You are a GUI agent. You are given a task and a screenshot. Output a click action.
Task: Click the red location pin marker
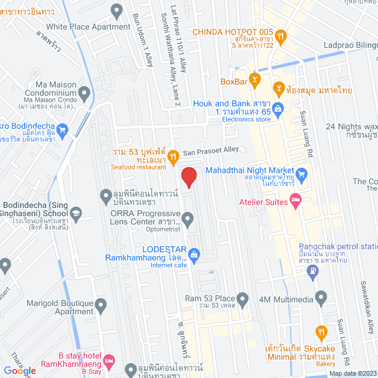pyautogui.click(x=188, y=177)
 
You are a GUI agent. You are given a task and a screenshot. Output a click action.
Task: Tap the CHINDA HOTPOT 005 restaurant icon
pyautogui.click(x=281, y=35)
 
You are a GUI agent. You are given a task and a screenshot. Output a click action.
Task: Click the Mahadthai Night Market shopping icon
pyautogui.click(x=303, y=174)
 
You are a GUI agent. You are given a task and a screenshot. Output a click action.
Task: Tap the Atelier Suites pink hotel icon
pyautogui.click(x=296, y=201)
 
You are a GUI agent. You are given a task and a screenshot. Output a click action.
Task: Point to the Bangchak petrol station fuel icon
pyautogui.click(x=312, y=272)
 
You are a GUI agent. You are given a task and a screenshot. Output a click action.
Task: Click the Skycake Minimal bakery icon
pyautogui.click(x=321, y=331)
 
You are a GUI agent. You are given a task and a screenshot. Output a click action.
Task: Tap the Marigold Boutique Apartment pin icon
pyautogui.click(x=101, y=306)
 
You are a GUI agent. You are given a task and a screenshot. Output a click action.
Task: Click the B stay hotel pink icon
pyautogui.click(x=109, y=360)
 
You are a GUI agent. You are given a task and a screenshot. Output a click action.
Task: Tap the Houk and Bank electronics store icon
pyautogui.click(x=278, y=108)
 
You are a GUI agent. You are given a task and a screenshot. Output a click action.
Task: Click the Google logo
pyautogui.click(x=19, y=370)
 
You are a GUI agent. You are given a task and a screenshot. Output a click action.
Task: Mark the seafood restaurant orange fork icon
pyautogui.click(x=173, y=157)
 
